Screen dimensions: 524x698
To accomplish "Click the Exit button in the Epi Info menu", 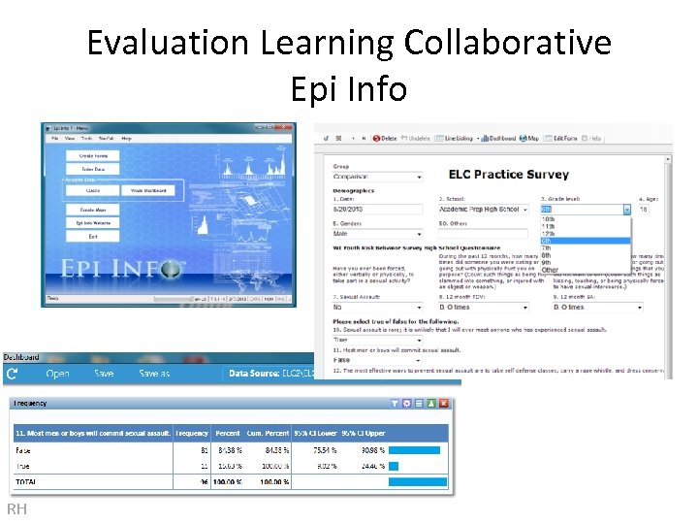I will coord(93,237).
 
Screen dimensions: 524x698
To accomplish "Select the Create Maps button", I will coord(93,210).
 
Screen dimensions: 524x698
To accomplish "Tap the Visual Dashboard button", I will coord(149,191).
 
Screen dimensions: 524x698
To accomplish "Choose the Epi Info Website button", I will coord(93,223).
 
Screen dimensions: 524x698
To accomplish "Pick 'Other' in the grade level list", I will coord(550,270).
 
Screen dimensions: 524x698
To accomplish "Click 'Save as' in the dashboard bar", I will coord(154,374).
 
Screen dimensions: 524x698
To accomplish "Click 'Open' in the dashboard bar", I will coord(58,374).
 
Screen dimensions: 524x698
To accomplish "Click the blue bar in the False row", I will coord(414,450).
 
